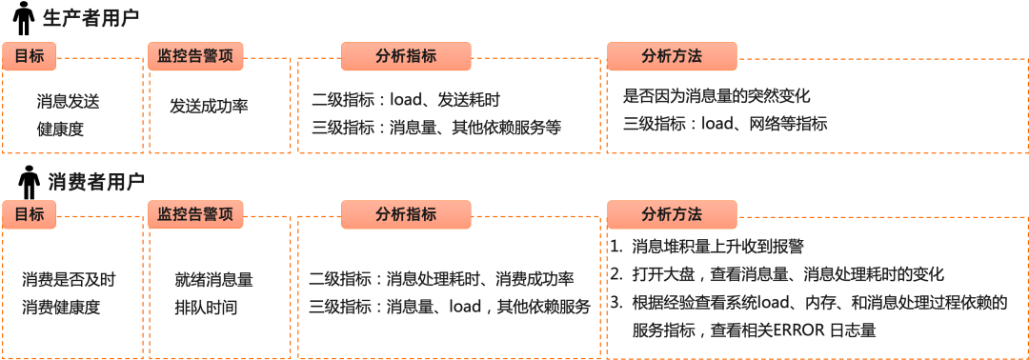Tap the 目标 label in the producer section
pyautogui.click(x=30, y=56)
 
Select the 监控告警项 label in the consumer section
pyautogui.click(x=195, y=214)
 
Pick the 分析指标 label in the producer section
pyautogui.click(x=406, y=56)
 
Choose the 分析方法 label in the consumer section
pyautogui.click(x=672, y=214)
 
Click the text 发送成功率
pyautogui.click(x=210, y=106)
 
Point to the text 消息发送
pyautogui.click(x=69, y=100)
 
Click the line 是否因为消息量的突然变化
pyautogui.click(x=716, y=97)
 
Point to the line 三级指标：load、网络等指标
pyautogui.click(x=725, y=124)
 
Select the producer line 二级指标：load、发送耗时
pyautogui.click(x=406, y=99)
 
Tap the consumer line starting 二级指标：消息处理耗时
pyautogui.click(x=441, y=279)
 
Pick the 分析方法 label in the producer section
pyautogui.click(x=672, y=56)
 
